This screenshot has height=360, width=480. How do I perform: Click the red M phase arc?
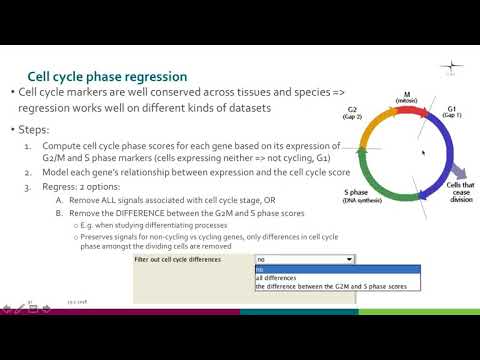point(404,113)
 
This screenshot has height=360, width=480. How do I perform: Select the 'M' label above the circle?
point(406,93)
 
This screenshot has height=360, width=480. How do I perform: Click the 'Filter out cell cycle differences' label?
point(178,258)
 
